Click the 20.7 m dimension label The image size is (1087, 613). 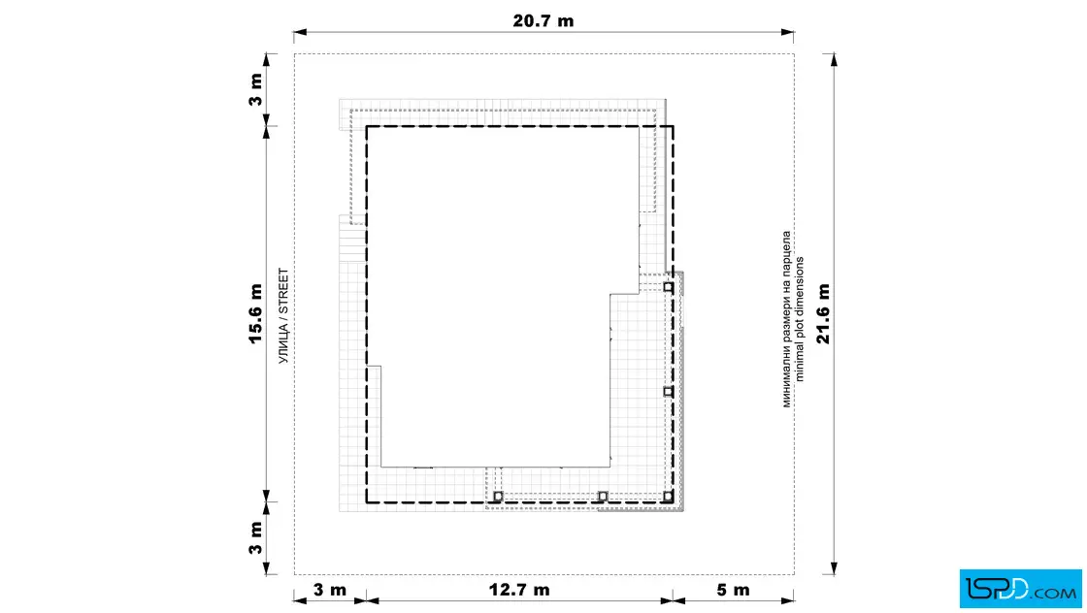[543, 20]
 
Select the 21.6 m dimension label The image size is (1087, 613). [822, 313]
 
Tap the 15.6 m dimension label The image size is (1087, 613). [255, 313]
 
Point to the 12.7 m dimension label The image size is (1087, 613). [519, 590]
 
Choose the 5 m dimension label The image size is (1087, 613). [733, 590]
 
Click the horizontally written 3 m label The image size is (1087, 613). [329, 590]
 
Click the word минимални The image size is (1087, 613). [787, 380]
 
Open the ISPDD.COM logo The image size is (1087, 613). [1020, 588]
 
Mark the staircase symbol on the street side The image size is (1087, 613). [352, 238]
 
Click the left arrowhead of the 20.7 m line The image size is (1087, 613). [300, 32]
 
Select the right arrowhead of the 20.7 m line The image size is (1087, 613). [787, 32]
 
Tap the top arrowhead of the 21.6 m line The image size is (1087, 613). [834, 59]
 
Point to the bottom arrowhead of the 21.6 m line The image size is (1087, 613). [834, 568]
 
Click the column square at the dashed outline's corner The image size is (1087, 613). [668, 496]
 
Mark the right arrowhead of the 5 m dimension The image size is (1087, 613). [787, 600]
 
